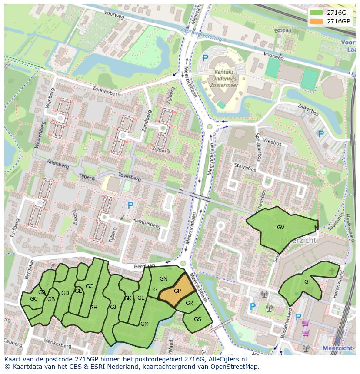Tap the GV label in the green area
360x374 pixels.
pyautogui.click(x=280, y=228)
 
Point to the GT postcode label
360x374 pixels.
pyautogui.click(x=308, y=282)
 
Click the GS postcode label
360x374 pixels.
pyautogui.click(x=197, y=319)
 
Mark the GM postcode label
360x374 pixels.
pyautogui.click(x=144, y=324)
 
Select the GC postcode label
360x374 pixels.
pyautogui.click(x=33, y=299)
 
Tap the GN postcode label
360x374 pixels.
pyautogui.click(x=163, y=279)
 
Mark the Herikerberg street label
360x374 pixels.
pyautogui.click(x=58, y=344)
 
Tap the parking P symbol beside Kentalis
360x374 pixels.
pyautogui.click(x=205, y=58)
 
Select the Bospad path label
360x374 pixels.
pyautogui.click(x=283, y=31)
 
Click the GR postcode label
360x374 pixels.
pyautogui.click(x=189, y=303)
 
